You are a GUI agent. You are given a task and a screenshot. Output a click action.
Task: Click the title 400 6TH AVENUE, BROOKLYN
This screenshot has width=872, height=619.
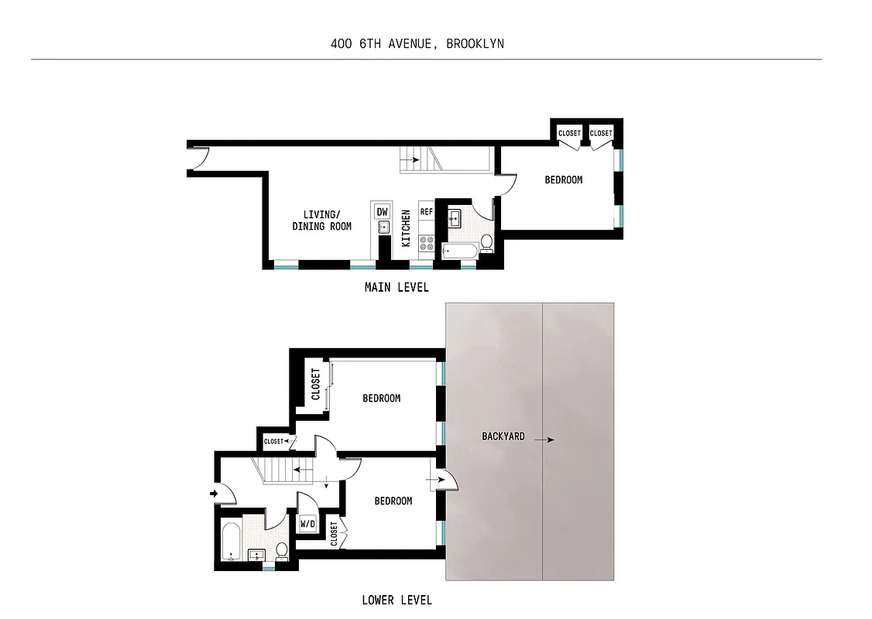417,43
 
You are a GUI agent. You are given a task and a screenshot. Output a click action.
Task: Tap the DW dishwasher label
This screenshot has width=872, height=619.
382,211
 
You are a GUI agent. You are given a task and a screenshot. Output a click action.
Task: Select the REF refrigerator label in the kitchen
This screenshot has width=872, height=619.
426,211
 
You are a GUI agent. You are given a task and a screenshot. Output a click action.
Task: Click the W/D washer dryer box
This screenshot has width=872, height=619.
307,524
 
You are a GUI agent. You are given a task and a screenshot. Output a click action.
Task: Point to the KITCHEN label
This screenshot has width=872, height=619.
406,228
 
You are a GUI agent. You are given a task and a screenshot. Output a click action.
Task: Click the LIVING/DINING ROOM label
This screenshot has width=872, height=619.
321,221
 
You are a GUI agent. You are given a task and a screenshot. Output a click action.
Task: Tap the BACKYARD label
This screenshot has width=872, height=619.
503,436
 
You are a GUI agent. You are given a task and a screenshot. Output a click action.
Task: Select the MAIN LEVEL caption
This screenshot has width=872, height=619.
397,287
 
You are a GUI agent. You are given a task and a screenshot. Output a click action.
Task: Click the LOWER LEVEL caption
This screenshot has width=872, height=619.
397,600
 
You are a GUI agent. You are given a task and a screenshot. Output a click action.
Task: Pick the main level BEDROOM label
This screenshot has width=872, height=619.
563,180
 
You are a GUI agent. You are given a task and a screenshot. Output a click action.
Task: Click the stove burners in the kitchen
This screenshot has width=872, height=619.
426,245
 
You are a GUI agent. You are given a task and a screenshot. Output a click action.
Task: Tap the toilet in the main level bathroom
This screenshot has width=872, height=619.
486,244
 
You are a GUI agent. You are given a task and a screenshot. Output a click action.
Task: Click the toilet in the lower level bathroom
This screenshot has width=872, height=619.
282,551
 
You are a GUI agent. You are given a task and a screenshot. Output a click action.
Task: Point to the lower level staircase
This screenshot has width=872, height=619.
277,470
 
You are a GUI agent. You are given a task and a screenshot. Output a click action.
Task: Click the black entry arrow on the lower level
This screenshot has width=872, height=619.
213,492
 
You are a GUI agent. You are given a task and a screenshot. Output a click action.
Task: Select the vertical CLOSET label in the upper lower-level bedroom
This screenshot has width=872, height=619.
315,384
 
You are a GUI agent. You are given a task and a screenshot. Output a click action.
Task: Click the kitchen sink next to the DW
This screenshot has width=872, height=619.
383,227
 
